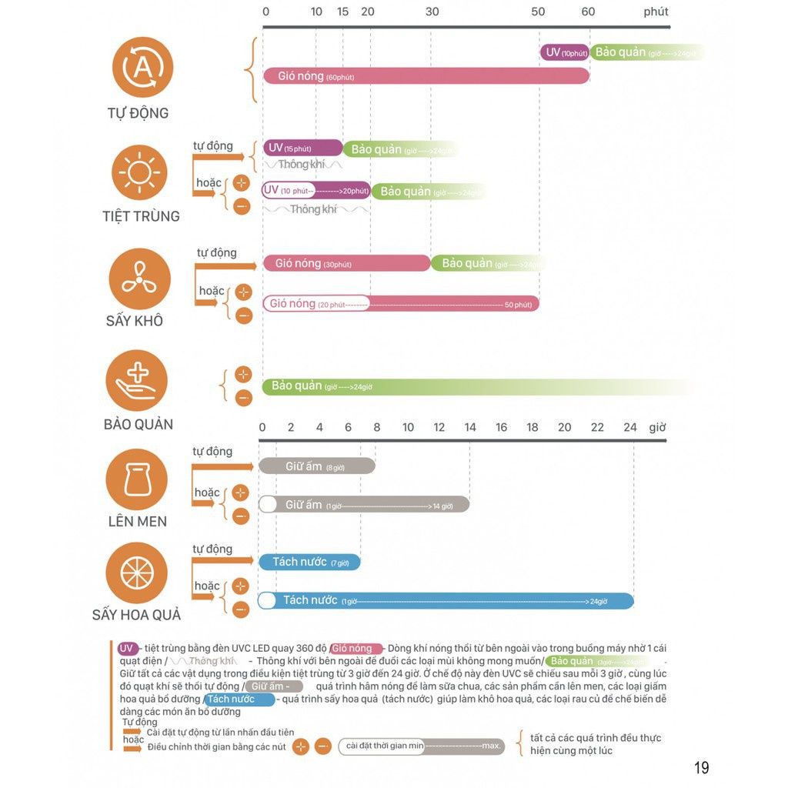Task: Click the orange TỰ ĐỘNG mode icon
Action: pyautogui.click(x=142, y=67)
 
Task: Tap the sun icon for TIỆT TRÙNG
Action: pyautogui.click(x=139, y=172)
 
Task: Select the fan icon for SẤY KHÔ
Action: pyautogui.click(x=139, y=278)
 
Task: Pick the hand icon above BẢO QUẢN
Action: pyautogui.click(x=136, y=380)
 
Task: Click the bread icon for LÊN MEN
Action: pyautogui.click(x=136, y=480)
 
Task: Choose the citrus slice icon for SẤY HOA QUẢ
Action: pyautogui.click(x=136, y=573)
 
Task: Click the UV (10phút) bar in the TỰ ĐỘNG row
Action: pyautogui.click(x=565, y=52)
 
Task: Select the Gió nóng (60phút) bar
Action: pyautogui.click(x=426, y=76)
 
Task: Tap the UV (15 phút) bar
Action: pyautogui.click(x=302, y=148)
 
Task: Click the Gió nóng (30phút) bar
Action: pyautogui.click(x=346, y=263)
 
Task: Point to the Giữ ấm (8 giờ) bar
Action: pyautogui.click(x=316, y=466)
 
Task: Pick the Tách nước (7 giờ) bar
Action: pyautogui.click(x=309, y=562)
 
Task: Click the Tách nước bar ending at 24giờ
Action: pyautogui.click(x=446, y=600)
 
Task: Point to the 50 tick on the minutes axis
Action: pyautogui.click(x=538, y=12)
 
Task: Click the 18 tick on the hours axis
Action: pyautogui.click(x=533, y=427)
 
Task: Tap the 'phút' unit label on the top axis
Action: pyautogui.click(x=656, y=12)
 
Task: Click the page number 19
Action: pyautogui.click(x=701, y=767)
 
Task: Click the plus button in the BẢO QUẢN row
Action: pyautogui.click(x=243, y=375)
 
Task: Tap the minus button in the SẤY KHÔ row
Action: pyautogui.click(x=244, y=315)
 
